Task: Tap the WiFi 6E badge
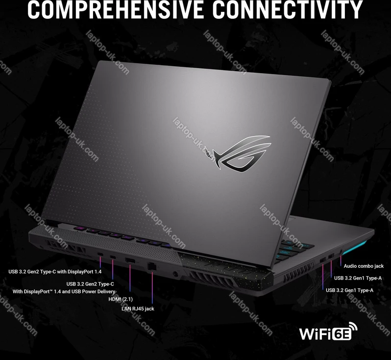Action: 328,334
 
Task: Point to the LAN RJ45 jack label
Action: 138,309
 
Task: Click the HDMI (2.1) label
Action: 121,299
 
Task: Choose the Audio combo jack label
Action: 364,266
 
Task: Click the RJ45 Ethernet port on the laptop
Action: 152,266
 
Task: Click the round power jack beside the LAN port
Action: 175,273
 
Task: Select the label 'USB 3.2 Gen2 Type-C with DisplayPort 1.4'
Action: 55,271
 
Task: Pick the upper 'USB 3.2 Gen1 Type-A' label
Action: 358,278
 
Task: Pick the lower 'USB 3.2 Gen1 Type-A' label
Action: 349,290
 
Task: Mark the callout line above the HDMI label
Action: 130,280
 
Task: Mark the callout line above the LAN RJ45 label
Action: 152,287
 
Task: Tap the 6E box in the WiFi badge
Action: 345,334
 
